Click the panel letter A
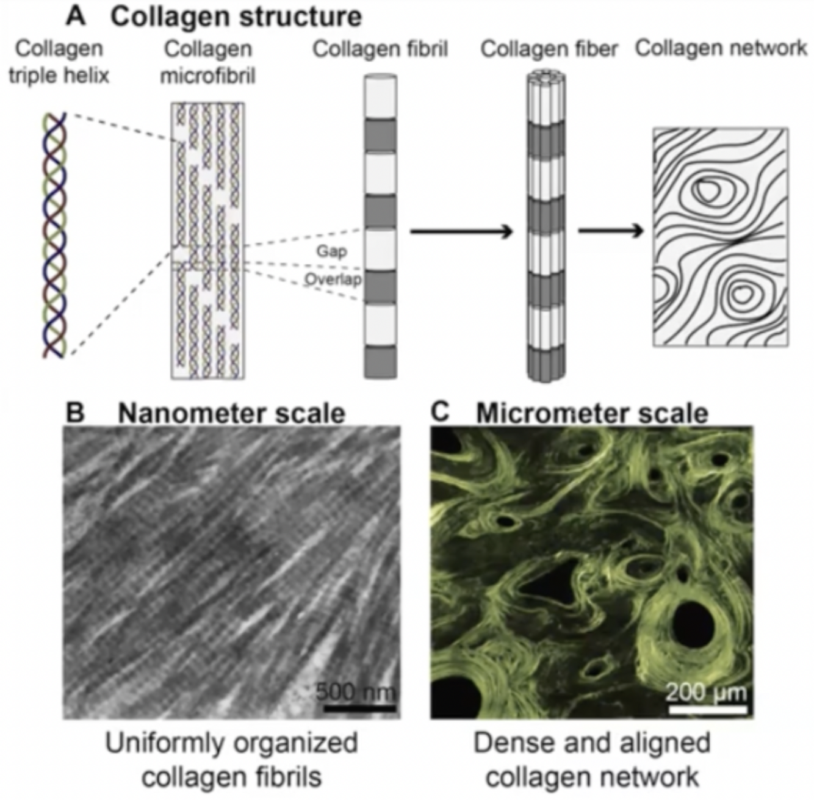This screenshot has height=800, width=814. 76,16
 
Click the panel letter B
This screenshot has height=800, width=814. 74,413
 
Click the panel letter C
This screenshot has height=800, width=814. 440,412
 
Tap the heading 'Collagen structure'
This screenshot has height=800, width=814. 236,17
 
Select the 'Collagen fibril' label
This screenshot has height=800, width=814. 380,49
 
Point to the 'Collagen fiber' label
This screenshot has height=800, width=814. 549,49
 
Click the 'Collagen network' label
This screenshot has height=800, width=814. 721,48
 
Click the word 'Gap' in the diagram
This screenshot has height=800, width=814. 331,251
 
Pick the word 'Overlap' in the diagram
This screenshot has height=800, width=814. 333,279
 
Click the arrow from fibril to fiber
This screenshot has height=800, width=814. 461,231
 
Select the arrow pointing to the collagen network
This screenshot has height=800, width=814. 611,231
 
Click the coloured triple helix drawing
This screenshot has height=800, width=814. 55,235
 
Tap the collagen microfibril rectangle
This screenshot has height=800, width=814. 207,240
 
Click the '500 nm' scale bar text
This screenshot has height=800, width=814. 356,691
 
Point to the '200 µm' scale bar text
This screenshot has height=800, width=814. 706,692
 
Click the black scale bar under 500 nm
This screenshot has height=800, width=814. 359,708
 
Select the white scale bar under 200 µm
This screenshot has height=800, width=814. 708,709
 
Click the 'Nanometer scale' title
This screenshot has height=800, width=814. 231,413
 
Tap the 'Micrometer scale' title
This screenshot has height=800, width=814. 591,413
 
